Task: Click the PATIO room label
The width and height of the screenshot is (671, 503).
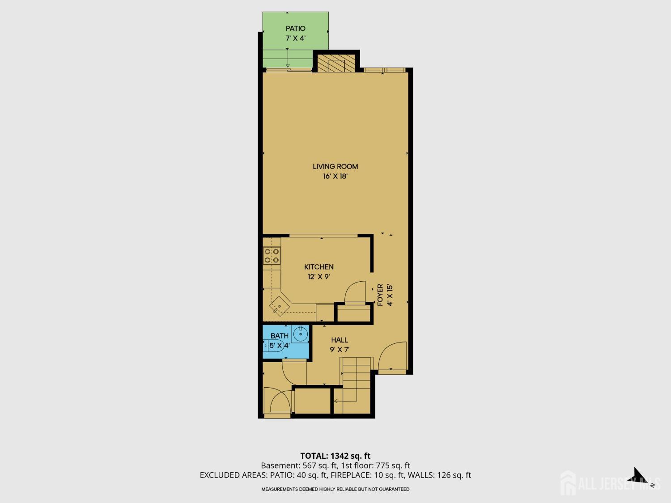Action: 295,29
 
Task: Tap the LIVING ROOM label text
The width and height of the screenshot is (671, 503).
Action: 335,166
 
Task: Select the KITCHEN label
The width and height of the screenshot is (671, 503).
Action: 319,267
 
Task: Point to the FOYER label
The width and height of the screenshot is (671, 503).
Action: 380,295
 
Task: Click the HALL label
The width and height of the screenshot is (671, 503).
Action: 340,340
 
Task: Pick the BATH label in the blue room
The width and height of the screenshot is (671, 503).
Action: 280,336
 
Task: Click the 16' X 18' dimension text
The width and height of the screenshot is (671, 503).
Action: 335,176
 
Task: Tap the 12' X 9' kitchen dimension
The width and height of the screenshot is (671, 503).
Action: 319,277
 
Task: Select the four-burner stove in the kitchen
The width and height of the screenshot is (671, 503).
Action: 272,256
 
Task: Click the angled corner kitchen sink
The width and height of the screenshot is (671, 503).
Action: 280,306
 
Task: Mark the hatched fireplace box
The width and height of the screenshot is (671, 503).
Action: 336,63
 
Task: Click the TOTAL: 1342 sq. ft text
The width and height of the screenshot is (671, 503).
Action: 335,456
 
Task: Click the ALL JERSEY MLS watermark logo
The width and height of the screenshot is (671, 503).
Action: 610,483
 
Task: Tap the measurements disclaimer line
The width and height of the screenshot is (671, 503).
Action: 335,489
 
